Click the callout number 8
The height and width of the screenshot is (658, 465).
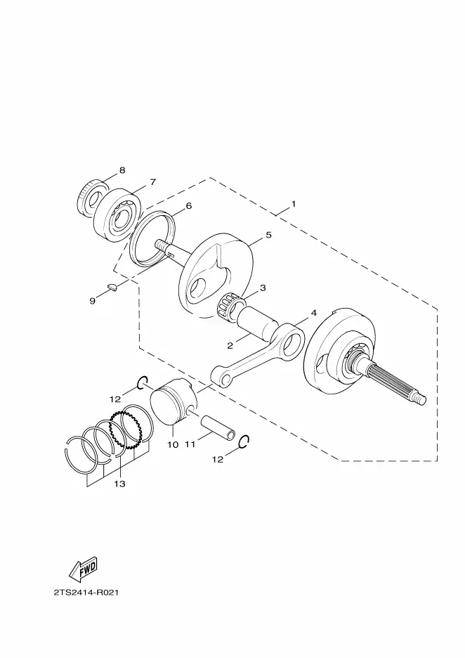point(122,170)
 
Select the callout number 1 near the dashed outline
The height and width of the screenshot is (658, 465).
point(294,204)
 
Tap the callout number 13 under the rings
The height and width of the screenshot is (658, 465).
point(119,484)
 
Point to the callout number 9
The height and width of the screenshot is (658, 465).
point(92,301)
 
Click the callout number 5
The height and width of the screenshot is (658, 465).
point(269,235)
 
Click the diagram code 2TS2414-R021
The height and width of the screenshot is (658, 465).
point(86,593)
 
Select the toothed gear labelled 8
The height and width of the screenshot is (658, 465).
point(91,198)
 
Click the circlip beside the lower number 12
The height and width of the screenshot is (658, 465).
point(244,442)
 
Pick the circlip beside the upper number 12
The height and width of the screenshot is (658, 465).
point(143,382)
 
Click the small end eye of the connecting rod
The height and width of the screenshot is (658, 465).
point(222,375)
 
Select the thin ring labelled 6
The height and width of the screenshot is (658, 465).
point(150,239)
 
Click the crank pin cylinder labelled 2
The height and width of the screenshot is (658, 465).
point(256,323)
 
